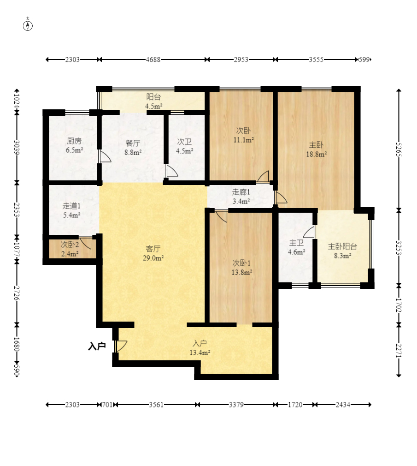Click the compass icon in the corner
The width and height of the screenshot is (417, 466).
[x=28, y=26]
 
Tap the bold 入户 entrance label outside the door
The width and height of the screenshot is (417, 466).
[x=97, y=346]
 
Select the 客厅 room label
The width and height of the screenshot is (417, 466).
[x=153, y=248]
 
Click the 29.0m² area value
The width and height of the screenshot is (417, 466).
[x=153, y=258]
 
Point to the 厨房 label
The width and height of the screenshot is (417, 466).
[x=74, y=141]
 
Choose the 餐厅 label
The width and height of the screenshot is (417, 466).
[x=133, y=143]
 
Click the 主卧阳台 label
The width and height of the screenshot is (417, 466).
[x=342, y=246]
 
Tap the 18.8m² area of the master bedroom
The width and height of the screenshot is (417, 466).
[x=317, y=154]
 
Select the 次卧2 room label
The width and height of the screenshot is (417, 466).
[x=70, y=245]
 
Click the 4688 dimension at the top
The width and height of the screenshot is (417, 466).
[x=153, y=60]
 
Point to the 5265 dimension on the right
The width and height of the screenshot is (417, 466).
[x=399, y=150]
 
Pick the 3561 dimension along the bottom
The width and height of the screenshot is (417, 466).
[x=156, y=405]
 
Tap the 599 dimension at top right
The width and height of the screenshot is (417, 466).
[x=364, y=60]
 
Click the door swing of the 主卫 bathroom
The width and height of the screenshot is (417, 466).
[x=309, y=232]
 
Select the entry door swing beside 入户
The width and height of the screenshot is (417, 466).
[x=122, y=346]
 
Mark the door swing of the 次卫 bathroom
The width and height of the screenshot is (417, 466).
[x=172, y=171]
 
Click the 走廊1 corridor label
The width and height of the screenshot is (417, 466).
[x=241, y=192]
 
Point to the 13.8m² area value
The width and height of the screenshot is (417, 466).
[x=242, y=272]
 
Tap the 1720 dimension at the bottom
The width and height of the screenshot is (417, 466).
[x=295, y=405]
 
